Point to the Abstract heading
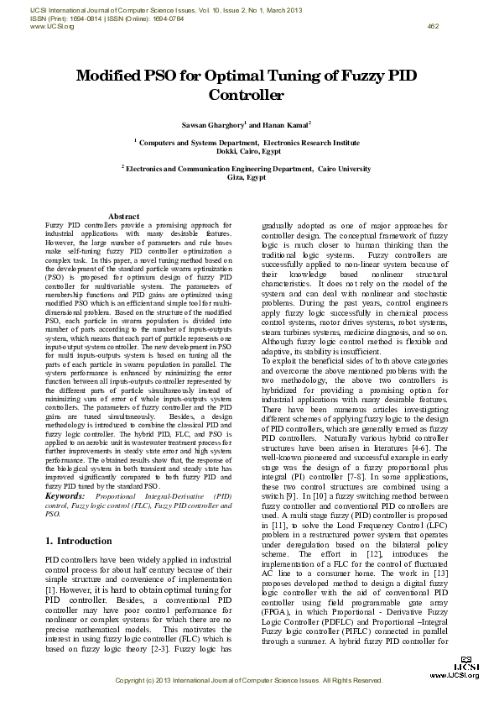tap(124, 217)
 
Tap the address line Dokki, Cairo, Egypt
tap(249, 151)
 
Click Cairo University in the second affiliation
tap(343, 169)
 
